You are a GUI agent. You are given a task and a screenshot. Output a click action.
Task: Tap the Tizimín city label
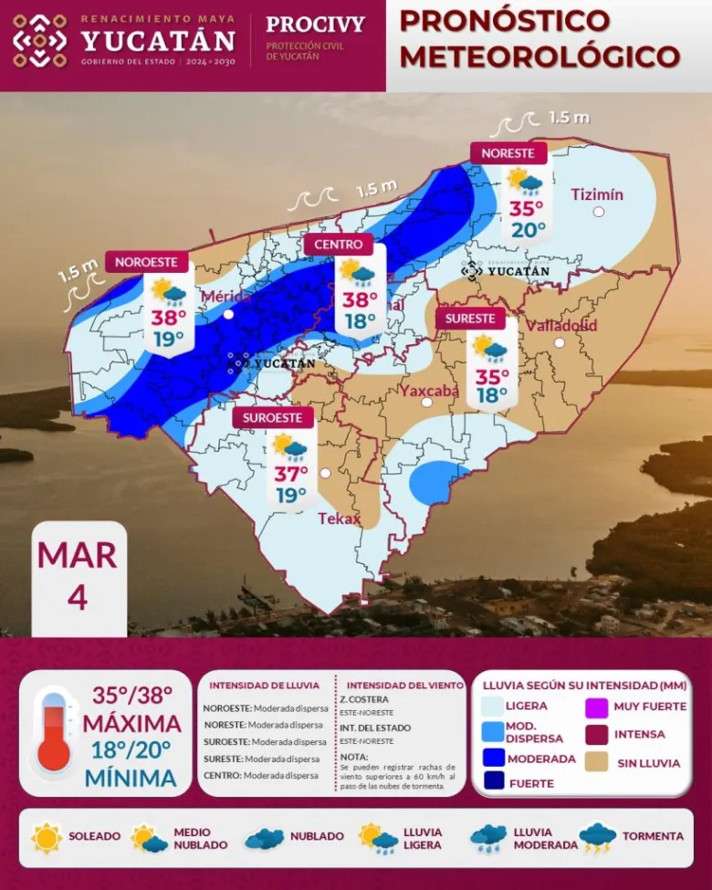(597, 194)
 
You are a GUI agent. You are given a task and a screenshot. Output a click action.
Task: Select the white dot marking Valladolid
(560, 343)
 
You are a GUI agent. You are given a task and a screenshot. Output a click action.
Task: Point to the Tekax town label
(340, 518)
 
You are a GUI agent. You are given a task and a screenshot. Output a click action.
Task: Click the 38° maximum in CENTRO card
(360, 299)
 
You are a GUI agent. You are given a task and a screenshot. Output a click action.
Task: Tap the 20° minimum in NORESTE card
(527, 229)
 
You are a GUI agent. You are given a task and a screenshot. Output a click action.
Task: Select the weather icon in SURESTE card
(489, 348)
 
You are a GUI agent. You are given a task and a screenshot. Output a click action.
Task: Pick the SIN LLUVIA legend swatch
(599, 761)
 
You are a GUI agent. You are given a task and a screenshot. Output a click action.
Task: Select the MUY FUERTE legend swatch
(598, 706)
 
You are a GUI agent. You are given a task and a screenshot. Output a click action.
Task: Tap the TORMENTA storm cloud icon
(597, 836)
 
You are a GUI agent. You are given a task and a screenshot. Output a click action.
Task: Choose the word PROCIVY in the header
(315, 25)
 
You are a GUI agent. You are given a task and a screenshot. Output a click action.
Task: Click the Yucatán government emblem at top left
(39, 41)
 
